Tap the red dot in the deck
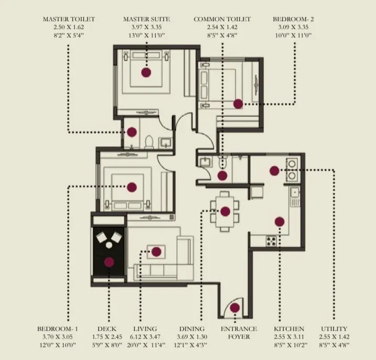coord(109,263)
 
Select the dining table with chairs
coord(225,212)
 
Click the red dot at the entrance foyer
coord(234,308)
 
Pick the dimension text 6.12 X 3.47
coord(145,337)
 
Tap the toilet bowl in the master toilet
coord(148,141)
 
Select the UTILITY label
coord(334,329)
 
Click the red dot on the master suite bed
coord(146,72)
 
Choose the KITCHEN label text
coord(289,329)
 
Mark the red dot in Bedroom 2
coord(238,104)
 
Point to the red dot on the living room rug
coord(156,252)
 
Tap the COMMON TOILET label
coord(222,19)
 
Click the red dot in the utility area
coord(274,170)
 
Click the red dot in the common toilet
coord(222,176)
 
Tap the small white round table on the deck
coord(109,244)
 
